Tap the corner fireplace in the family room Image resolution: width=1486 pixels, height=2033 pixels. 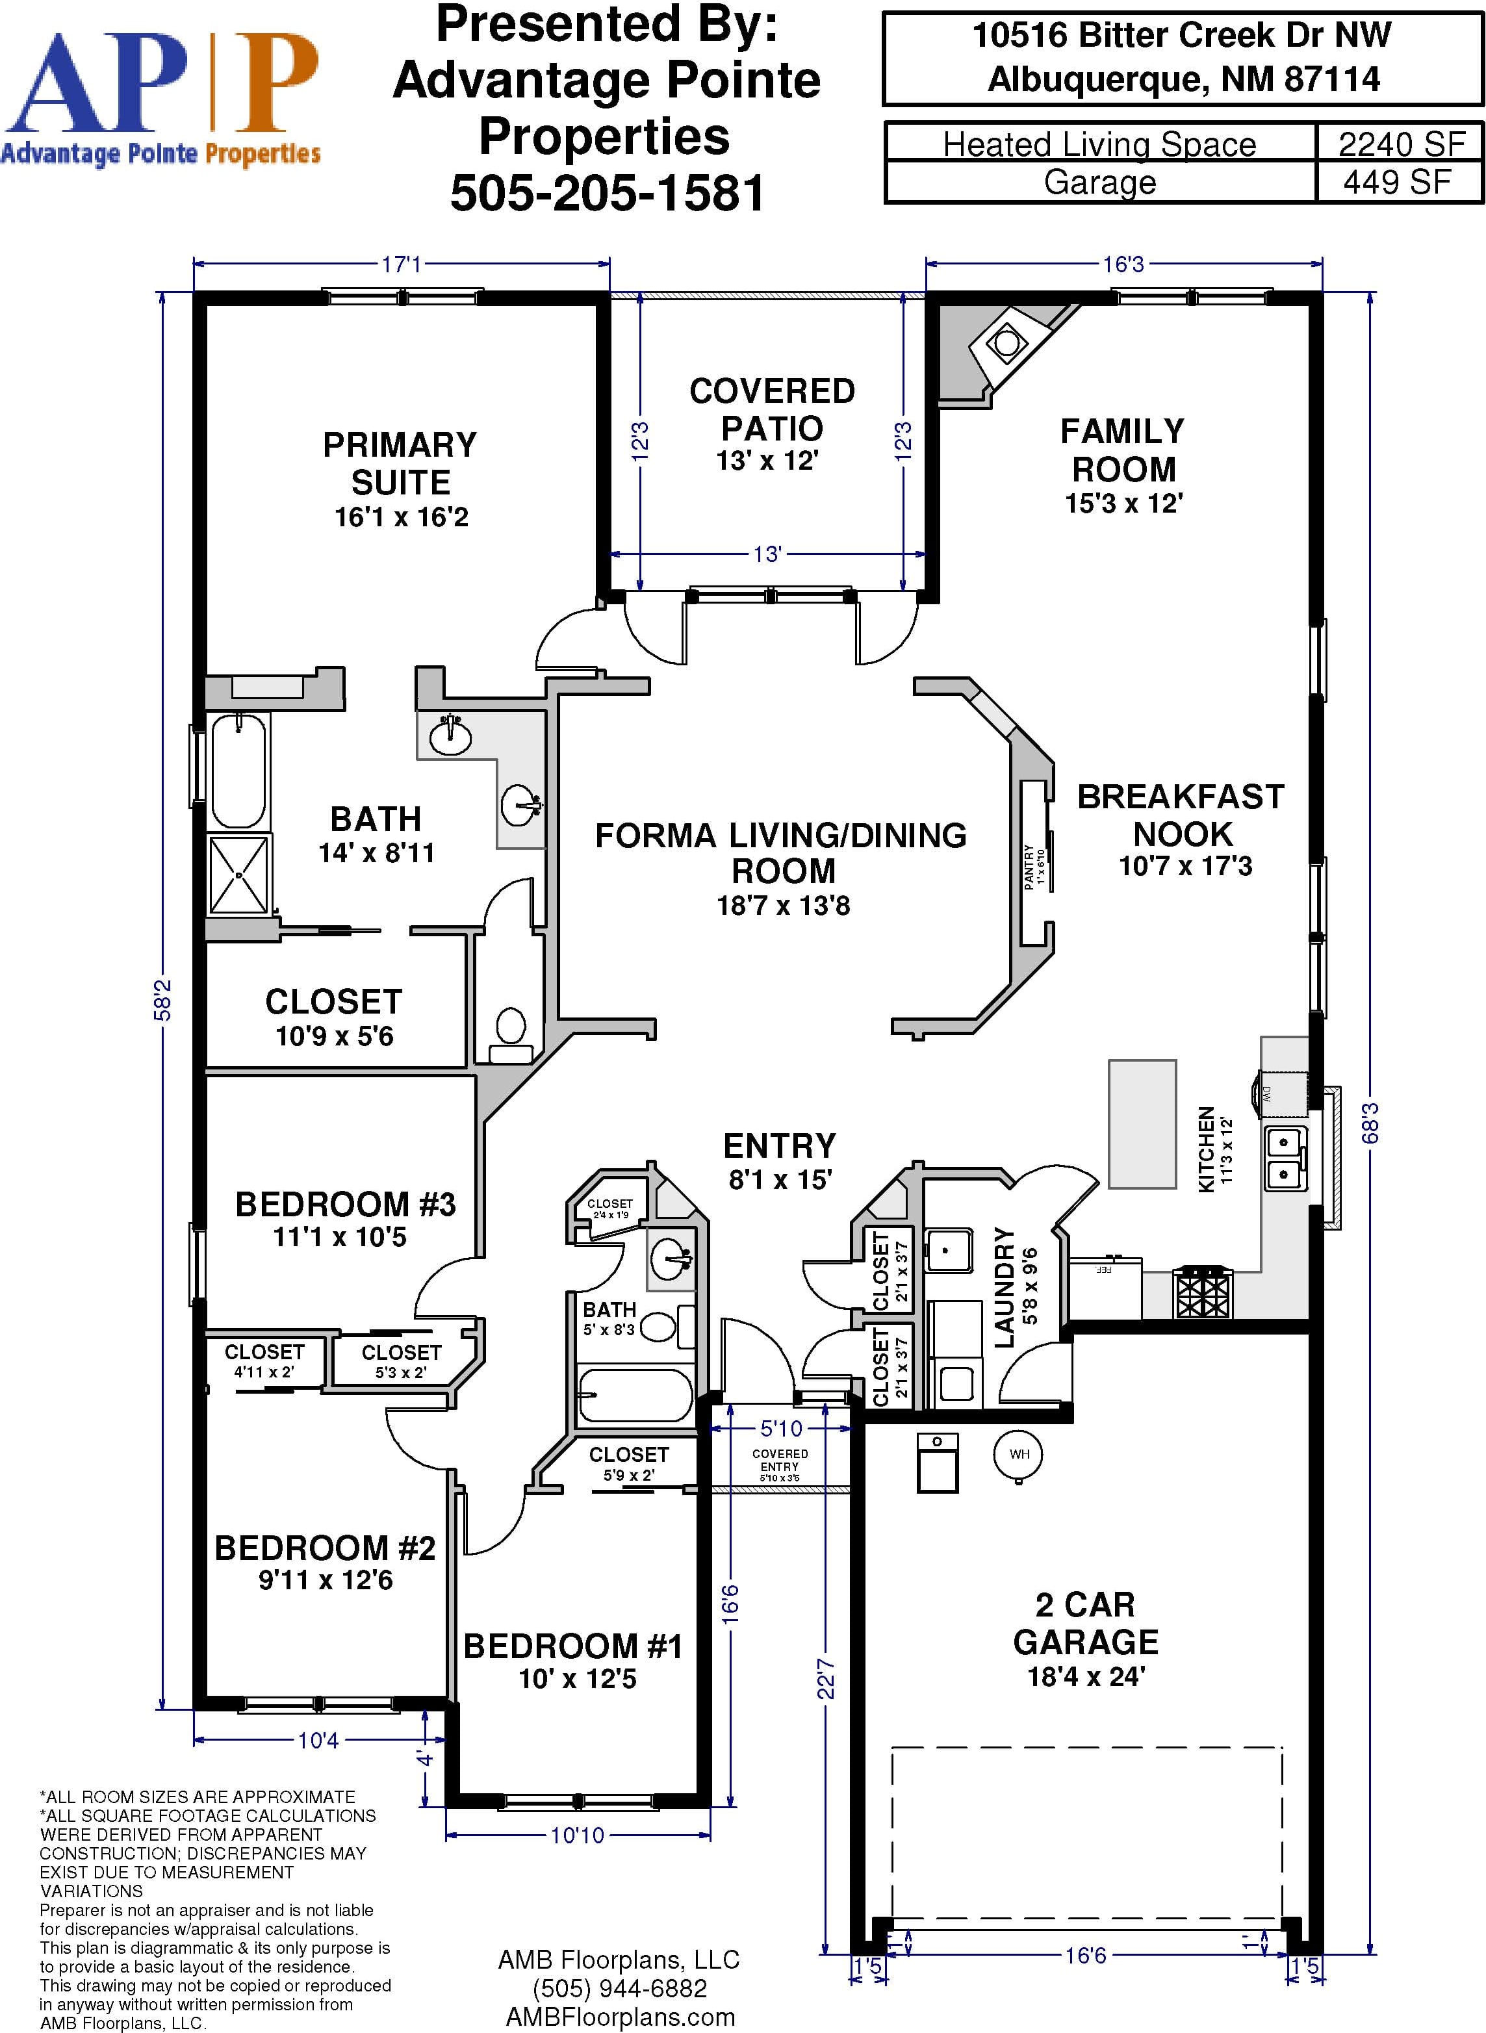pyautogui.click(x=1006, y=342)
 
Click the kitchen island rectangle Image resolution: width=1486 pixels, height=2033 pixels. pyautogui.click(x=1142, y=1123)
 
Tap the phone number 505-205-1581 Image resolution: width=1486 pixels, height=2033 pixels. pyautogui.click(x=607, y=192)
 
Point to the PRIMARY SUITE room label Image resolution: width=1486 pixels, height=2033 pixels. pyautogui.click(x=400, y=463)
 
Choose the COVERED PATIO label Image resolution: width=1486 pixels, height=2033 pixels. pyautogui.click(x=772, y=409)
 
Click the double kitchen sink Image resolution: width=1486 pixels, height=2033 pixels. pyautogui.click(x=1287, y=1158)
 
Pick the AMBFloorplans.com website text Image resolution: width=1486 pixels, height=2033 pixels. pyautogui.click(x=620, y=2017)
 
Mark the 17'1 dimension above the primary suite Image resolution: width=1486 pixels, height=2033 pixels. pyautogui.click(x=401, y=264)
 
